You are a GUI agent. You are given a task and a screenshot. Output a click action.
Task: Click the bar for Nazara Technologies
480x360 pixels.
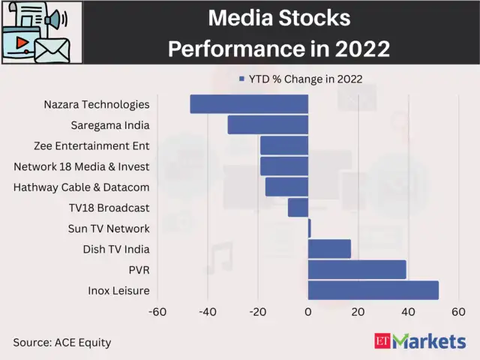[x=249, y=104]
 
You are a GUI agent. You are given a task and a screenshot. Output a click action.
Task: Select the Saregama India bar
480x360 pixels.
[x=268, y=124]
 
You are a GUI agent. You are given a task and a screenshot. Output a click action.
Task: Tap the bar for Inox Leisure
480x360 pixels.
[x=373, y=290]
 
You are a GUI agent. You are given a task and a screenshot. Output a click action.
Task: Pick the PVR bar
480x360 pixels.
[x=357, y=269]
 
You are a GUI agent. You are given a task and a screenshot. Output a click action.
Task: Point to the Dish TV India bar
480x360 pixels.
[x=329, y=249]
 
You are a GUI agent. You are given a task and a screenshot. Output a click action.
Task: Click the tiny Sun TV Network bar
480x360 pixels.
[x=309, y=228]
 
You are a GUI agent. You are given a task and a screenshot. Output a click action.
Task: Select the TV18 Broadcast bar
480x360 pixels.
[x=298, y=208]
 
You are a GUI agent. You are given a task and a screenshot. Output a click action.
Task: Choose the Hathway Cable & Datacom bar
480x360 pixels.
[x=286, y=187]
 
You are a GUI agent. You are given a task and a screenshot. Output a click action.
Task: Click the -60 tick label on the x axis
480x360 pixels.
[x=157, y=312]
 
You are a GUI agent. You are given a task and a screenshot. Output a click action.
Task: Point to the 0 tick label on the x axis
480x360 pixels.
[x=308, y=312]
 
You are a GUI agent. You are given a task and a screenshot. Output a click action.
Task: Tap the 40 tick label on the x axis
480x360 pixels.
[x=409, y=312]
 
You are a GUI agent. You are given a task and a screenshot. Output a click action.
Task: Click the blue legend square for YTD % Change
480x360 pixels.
[x=241, y=79]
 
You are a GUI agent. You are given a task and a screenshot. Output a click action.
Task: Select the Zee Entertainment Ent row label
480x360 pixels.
[x=91, y=145]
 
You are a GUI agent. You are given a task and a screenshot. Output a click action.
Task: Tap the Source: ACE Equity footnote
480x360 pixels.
[x=61, y=342]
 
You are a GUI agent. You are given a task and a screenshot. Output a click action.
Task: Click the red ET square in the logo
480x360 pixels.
[x=382, y=341]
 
